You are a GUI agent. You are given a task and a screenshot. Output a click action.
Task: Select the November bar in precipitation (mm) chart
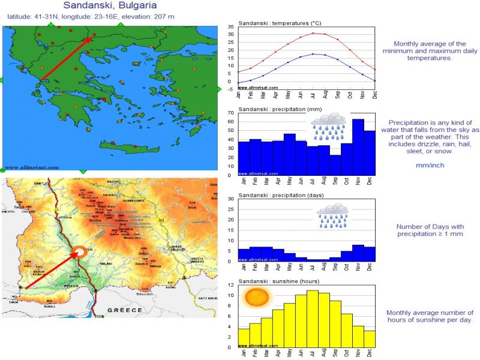[x=358, y=147]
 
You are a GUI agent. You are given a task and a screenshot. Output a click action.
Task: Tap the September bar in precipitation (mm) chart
[x=335, y=164]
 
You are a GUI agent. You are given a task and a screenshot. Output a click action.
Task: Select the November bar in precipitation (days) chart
[x=358, y=253]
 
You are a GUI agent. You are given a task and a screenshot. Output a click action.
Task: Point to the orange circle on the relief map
[x=79, y=253]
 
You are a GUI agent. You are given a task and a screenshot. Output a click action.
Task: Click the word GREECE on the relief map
[x=125, y=310]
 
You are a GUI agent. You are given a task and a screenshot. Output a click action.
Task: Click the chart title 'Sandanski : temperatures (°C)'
[x=280, y=23]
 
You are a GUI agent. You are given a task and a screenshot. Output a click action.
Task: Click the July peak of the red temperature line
[x=313, y=33]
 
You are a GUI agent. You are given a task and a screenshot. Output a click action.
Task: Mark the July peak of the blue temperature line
[x=313, y=54]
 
